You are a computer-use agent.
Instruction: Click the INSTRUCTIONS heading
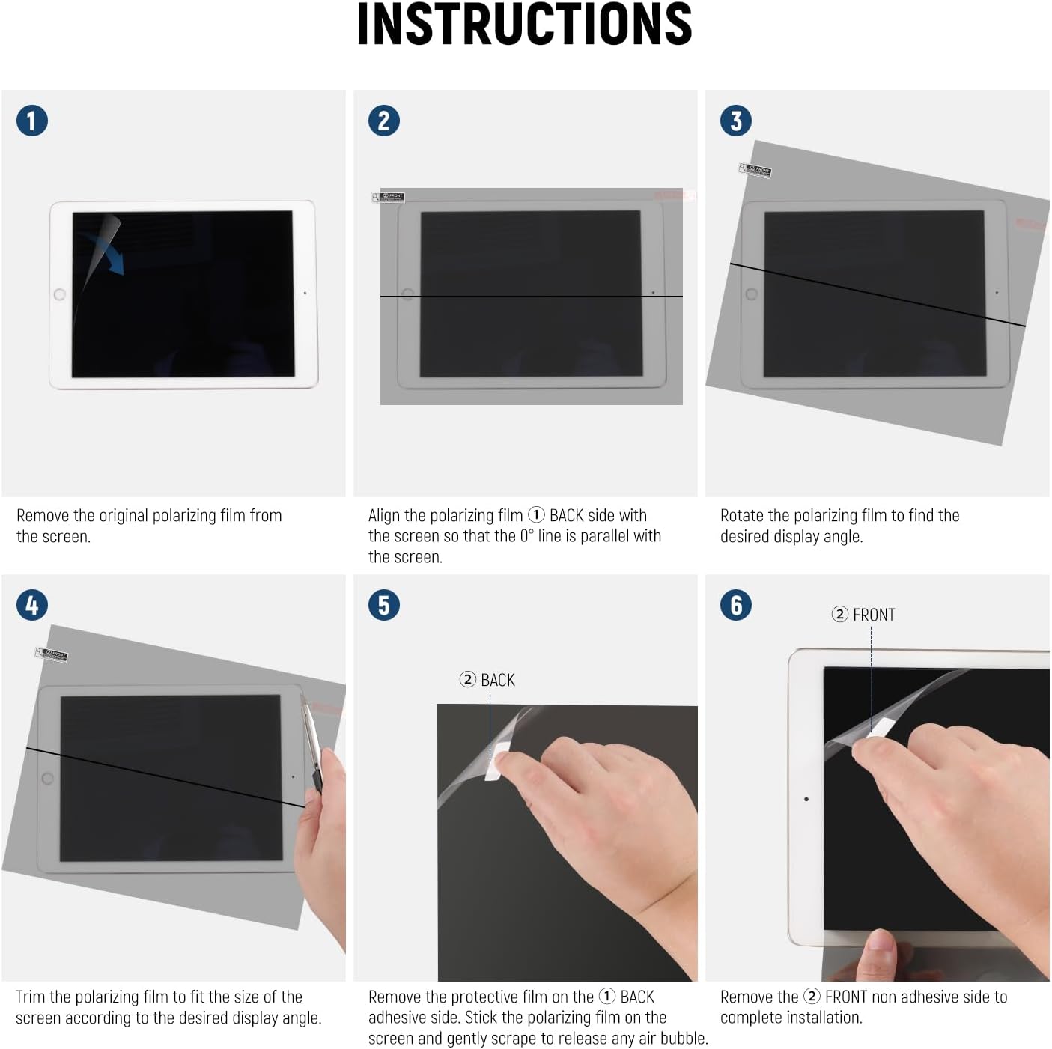[524, 25]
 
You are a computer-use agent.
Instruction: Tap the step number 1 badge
[32, 121]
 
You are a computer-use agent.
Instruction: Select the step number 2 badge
[384, 121]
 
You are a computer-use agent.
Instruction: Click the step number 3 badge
[736, 121]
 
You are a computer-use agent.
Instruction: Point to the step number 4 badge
[32, 605]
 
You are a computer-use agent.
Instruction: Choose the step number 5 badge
[384, 605]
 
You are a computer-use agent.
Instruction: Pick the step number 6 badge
[736, 605]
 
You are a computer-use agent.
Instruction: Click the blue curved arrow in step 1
[106, 252]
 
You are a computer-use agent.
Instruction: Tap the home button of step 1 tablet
[60, 294]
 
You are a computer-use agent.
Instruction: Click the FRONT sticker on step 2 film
[389, 198]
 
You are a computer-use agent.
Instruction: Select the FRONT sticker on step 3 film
[755, 170]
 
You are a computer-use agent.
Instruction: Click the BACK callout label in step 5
[487, 680]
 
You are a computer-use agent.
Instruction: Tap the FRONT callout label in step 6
[863, 615]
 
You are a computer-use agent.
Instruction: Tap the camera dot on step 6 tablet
[806, 799]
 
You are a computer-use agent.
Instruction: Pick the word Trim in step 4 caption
[30, 997]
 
